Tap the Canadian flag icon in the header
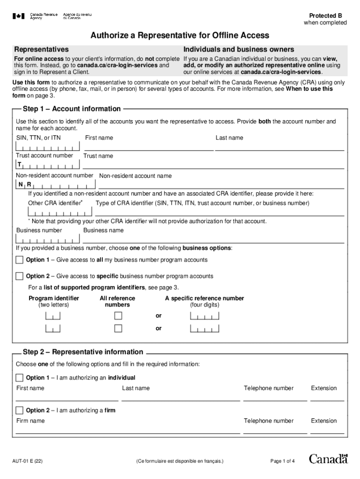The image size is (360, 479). pos(19,16)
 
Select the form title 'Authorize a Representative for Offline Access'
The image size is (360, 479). pos(180,36)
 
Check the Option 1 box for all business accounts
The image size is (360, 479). pos(19,260)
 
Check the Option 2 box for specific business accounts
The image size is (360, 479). pos(19,276)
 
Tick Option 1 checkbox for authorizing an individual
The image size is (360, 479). pos(19,377)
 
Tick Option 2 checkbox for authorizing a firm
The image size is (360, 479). pos(19,410)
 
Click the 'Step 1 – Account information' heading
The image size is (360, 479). pos(72,109)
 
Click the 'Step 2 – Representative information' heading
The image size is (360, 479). pos(83,352)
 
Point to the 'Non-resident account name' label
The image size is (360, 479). pos(135,176)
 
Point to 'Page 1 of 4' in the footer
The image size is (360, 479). pos(282,461)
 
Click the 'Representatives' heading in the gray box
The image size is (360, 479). pos(42,50)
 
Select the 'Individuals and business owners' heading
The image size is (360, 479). pos(238,50)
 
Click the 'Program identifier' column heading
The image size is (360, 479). pos(54,298)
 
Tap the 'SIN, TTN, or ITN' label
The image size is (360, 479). pos(38,138)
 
